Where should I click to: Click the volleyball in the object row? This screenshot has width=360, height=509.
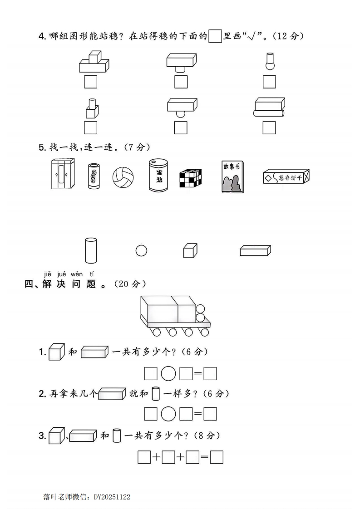point(123,177)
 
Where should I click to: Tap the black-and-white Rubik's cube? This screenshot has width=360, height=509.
point(190,178)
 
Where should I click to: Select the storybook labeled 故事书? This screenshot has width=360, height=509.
point(232,177)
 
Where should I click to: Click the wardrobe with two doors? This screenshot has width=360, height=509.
point(63,174)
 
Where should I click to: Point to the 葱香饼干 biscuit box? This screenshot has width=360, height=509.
point(286,176)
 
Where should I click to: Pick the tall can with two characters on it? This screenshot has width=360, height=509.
point(158,175)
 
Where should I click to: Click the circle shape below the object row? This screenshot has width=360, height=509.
point(141,250)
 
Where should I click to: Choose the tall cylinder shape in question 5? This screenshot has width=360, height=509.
point(91,250)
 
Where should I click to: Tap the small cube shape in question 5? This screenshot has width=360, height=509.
point(190,251)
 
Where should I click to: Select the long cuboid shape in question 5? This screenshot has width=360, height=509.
point(256,250)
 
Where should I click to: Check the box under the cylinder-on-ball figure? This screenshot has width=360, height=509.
point(269,82)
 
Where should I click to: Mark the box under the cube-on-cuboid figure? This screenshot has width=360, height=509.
point(91,82)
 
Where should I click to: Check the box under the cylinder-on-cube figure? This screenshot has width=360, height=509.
point(91,127)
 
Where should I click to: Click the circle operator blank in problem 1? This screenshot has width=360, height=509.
point(168,373)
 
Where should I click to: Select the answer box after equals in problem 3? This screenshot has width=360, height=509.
point(217,457)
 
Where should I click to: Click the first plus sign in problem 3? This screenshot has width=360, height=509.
point(156,457)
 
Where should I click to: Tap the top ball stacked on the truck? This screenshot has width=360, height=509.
point(201,308)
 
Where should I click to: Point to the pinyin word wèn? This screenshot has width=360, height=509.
point(77,274)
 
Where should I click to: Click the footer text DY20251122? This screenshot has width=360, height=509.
point(112,497)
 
